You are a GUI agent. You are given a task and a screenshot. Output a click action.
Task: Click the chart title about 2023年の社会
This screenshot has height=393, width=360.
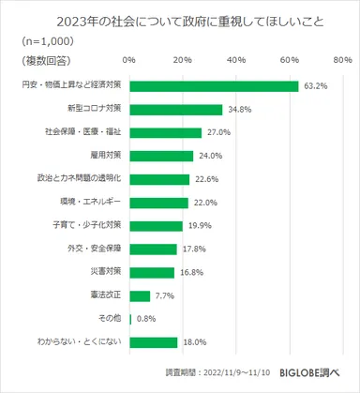click(180, 21)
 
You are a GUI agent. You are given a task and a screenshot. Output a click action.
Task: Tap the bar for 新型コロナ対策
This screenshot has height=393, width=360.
click(175, 110)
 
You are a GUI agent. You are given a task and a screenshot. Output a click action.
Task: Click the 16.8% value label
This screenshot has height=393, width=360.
click(191, 272)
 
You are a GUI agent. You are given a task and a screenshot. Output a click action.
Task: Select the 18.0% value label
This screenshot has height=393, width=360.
click(194, 342)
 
